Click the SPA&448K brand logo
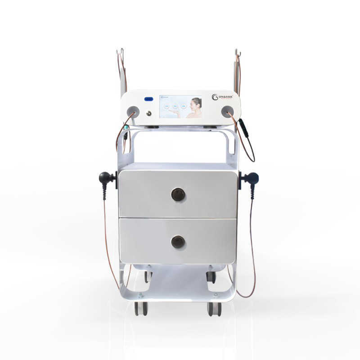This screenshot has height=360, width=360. click(x=224, y=97)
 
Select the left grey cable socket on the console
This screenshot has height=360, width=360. click(x=132, y=111)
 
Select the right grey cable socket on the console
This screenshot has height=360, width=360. click(x=227, y=111)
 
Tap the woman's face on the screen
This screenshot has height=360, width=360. click(x=196, y=104)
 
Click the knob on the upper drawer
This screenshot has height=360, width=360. click(x=178, y=194)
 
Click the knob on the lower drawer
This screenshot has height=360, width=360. click(x=178, y=242)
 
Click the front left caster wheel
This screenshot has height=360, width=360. click(x=141, y=309)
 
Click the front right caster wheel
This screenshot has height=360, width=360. click(x=214, y=309)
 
